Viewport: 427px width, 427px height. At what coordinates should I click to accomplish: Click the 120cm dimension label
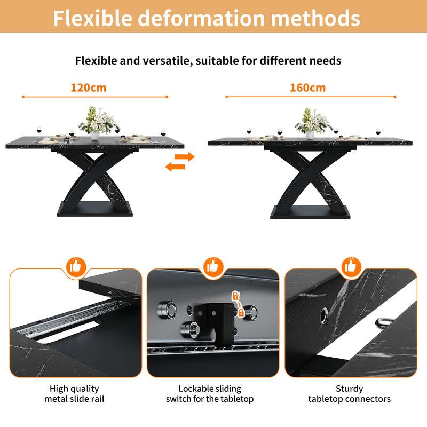pyautogui.click(x=89, y=88)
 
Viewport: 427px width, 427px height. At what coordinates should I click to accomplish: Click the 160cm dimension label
pyautogui.click(x=308, y=88)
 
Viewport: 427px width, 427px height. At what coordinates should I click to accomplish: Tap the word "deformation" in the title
pyautogui.click(x=201, y=18)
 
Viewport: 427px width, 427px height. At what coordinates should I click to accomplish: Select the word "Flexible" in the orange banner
pyautogui.click(x=92, y=18)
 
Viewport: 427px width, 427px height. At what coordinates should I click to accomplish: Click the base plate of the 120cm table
pyautogui.click(x=94, y=209)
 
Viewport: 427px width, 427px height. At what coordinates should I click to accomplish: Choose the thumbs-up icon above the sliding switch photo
pyautogui.click(x=213, y=266)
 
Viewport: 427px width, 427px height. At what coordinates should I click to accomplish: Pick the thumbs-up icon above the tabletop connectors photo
pyautogui.click(x=350, y=266)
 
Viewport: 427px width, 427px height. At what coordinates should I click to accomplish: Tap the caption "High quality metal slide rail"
pyautogui.click(x=74, y=393)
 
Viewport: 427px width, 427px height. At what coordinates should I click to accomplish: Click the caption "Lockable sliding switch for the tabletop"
pyautogui.click(x=210, y=393)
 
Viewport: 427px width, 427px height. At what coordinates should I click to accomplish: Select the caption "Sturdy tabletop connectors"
pyautogui.click(x=349, y=393)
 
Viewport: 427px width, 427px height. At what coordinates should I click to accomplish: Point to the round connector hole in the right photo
pyautogui.click(x=324, y=318)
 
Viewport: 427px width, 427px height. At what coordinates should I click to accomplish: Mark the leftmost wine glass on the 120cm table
pyautogui.click(x=39, y=130)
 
